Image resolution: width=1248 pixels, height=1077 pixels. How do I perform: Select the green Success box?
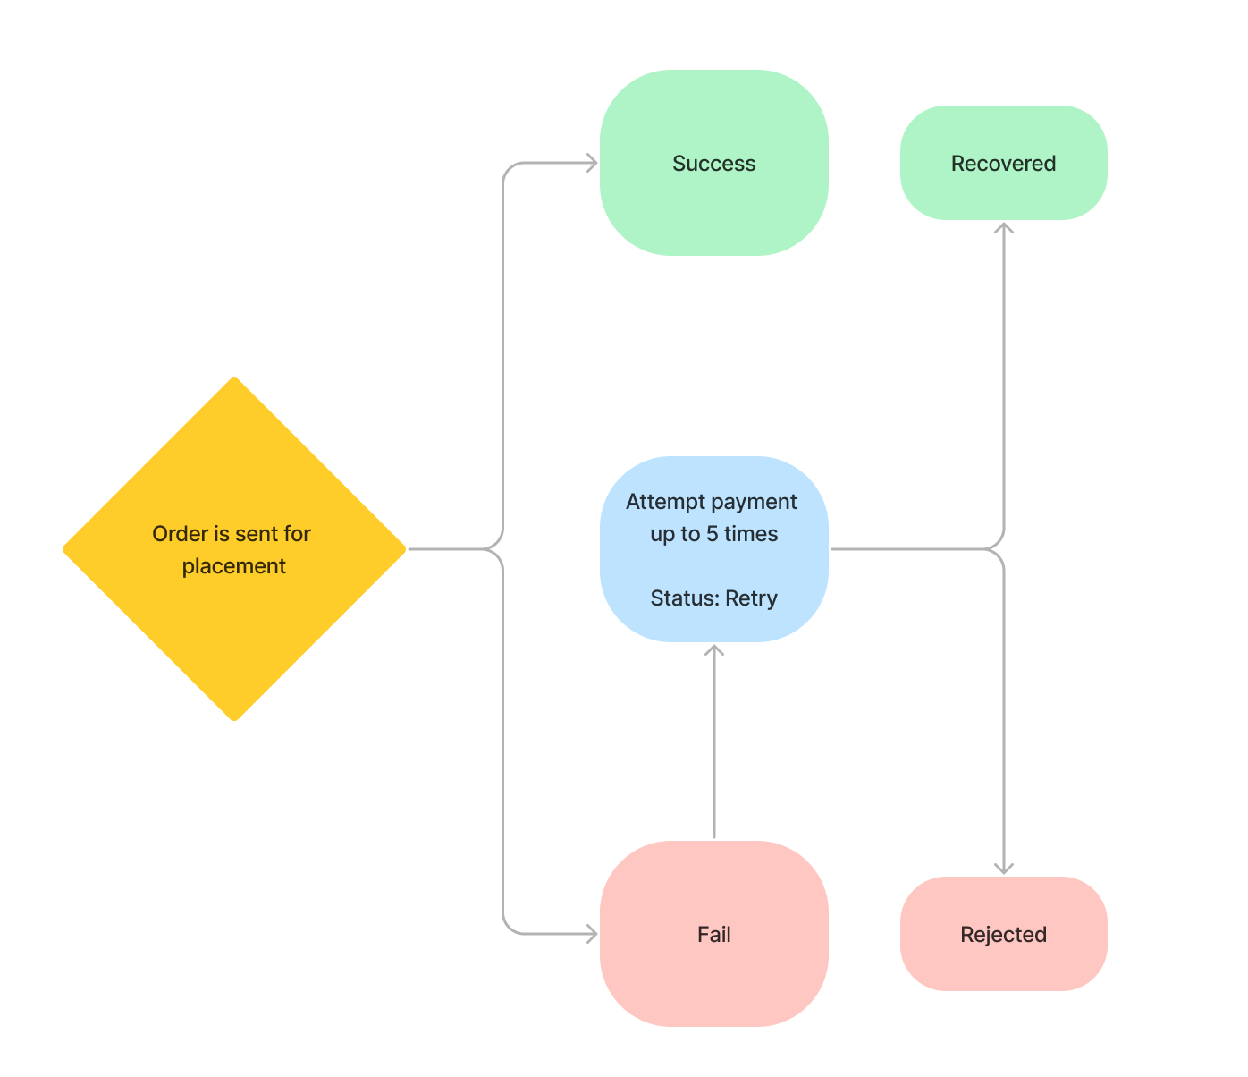(x=713, y=206)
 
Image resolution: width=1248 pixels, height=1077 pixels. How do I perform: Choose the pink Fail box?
(x=713, y=975)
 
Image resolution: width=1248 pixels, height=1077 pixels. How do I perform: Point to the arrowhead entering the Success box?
(x=592, y=163)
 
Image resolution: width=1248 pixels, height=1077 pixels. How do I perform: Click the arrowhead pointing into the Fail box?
(x=592, y=934)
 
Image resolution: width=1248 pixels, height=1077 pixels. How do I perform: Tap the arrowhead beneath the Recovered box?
(x=1004, y=228)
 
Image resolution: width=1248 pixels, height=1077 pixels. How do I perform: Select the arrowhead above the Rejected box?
(x=1004, y=868)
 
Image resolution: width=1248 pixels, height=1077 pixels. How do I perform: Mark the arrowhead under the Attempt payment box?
(x=714, y=650)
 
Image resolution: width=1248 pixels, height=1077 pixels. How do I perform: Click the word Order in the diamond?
(x=180, y=534)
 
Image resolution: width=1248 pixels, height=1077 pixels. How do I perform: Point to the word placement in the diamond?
(x=234, y=566)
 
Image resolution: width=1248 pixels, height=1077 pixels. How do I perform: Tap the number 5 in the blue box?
(x=713, y=534)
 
